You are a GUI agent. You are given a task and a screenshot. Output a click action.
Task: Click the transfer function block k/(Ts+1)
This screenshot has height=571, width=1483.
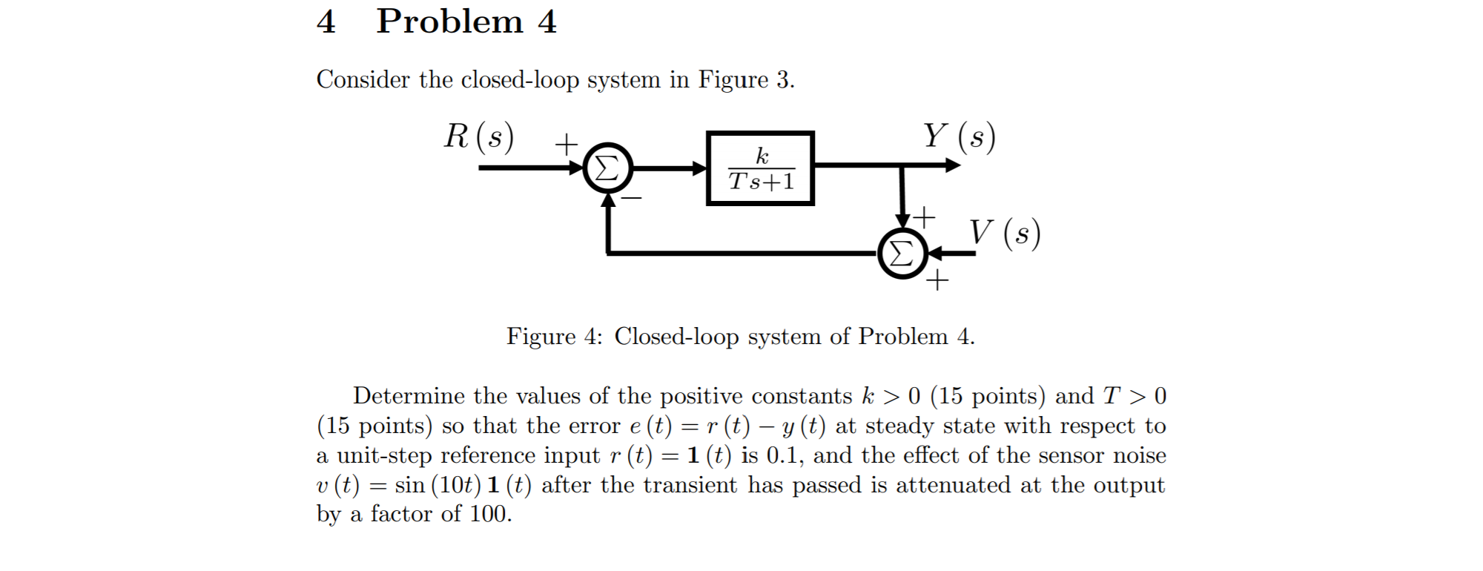(761, 168)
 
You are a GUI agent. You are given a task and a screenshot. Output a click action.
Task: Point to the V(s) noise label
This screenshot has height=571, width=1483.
(1005, 233)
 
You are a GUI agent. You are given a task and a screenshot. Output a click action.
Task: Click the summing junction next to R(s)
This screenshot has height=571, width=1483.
(608, 168)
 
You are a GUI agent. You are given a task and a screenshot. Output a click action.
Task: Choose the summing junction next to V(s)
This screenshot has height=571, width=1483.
(902, 254)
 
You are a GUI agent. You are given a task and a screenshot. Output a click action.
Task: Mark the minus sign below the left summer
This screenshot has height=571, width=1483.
(631, 199)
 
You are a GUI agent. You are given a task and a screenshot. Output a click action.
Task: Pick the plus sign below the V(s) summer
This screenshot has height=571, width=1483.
(937, 280)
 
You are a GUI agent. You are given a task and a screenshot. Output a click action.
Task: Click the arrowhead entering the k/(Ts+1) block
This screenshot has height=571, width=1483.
(699, 168)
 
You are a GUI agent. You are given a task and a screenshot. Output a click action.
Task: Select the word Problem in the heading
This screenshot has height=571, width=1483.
(449, 22)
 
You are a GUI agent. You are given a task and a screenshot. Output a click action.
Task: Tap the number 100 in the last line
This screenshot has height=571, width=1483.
(489, 514)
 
